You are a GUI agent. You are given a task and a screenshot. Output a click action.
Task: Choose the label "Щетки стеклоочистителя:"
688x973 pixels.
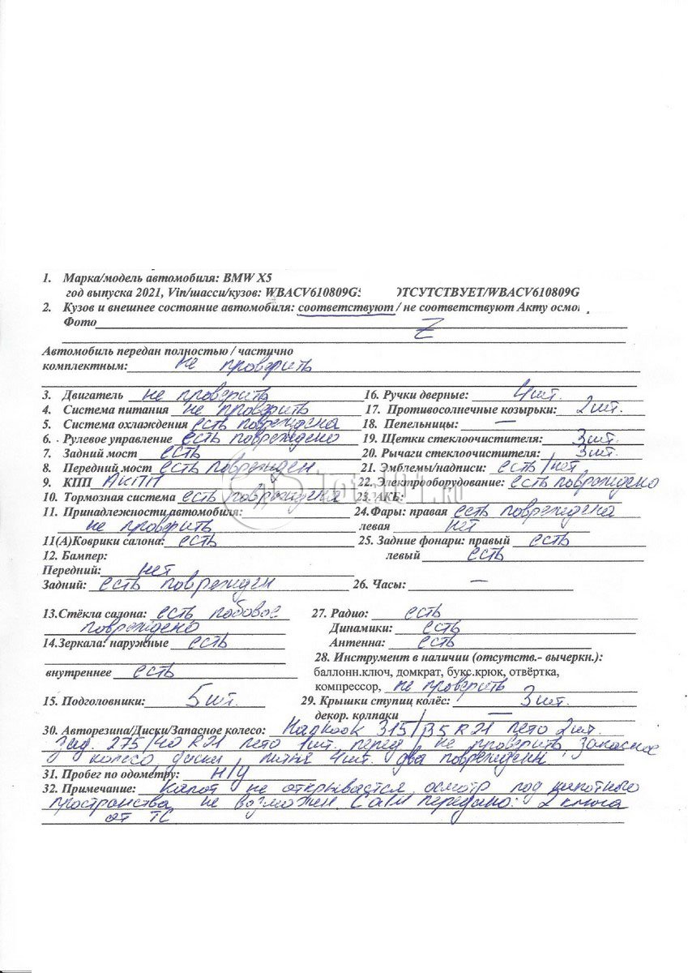(473, 439)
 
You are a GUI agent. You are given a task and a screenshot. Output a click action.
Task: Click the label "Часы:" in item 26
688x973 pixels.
(390, 585)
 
